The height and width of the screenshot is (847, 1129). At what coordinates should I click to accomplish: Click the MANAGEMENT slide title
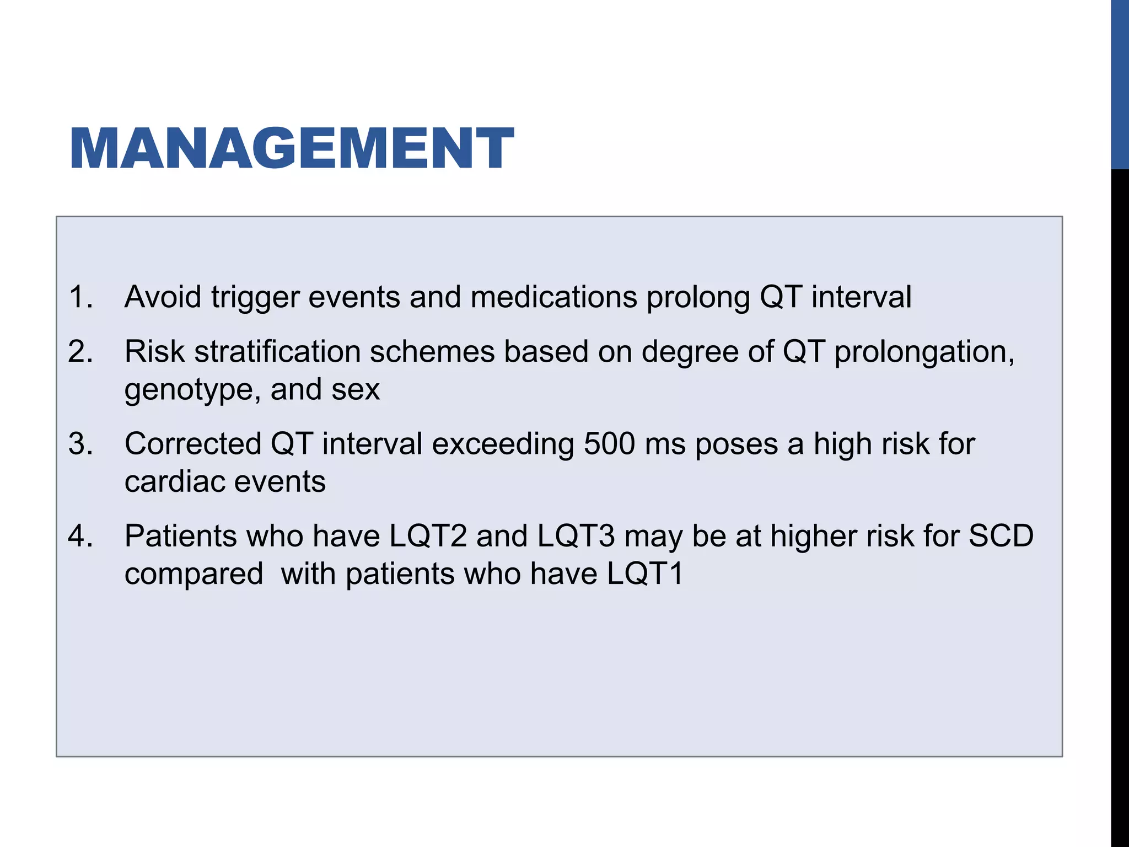tap(292, 148)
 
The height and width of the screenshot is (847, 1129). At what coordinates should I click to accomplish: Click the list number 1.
tap(80, 297)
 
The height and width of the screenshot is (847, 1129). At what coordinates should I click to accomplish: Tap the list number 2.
tap(80, 351)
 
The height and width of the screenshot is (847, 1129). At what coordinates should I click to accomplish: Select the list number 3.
tap(80, 444)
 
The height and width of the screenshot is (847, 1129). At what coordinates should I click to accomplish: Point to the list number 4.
tap(80, 536)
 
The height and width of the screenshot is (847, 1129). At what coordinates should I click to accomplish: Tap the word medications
tap(553, 297)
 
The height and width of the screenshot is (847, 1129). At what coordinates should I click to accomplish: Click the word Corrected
tap(193, 444)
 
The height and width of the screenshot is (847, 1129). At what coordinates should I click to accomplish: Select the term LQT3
tap(576, 536)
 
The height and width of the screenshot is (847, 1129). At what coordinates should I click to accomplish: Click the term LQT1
tap(645, 574)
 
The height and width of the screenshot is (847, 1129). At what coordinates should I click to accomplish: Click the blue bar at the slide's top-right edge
tap(1120, 83)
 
